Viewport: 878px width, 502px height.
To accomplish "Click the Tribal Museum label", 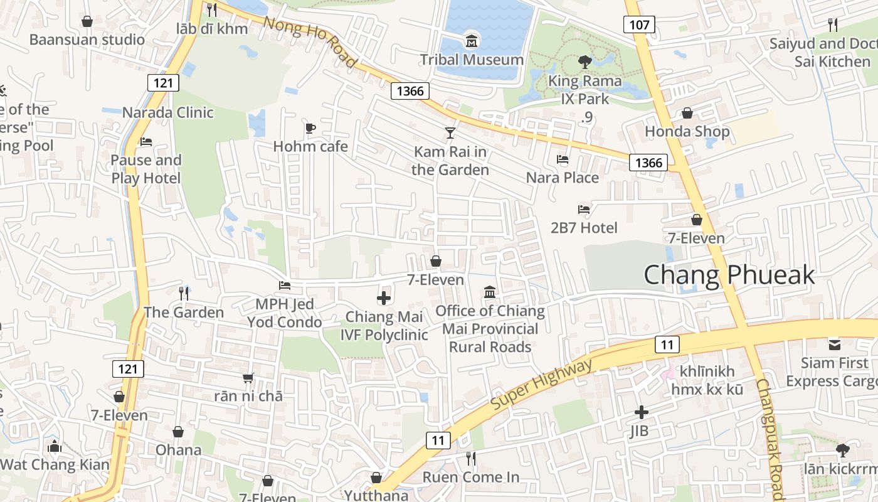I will point(472,60).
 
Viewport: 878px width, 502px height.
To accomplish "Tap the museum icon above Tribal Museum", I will point(472,42).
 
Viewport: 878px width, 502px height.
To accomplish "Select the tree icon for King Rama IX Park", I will point(585,62).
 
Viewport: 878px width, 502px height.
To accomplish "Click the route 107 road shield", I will point(639,24).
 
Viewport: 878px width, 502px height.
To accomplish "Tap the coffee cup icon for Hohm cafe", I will point(310,129).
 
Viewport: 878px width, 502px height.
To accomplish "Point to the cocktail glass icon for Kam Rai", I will point(450,133).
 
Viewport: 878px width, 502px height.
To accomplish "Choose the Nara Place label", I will point(563,178).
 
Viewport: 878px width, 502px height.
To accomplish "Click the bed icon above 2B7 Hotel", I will point(584,210).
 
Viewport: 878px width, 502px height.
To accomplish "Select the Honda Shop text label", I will point(687,131).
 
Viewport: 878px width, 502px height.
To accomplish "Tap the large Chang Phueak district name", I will point(729,275).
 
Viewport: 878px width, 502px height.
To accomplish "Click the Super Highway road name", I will point(541,385).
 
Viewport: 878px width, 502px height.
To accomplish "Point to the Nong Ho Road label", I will point(310,42).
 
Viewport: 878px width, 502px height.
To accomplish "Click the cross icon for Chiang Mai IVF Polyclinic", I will point(384,298).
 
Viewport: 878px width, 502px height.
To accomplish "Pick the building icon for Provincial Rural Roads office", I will point(490,292).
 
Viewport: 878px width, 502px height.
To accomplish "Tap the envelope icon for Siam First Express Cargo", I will point(835,344).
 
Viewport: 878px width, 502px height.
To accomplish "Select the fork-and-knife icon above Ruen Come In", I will point(471,459).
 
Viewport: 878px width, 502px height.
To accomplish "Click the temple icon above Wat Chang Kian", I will point(55,447).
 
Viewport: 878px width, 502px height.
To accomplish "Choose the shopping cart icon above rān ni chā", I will point(248,378).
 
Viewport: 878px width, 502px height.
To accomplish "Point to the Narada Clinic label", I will point(167,112).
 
